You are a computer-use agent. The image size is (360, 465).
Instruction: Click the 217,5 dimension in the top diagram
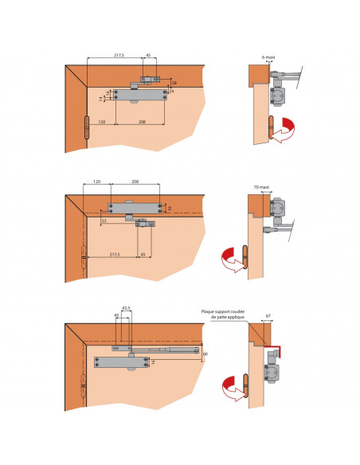[118, 55]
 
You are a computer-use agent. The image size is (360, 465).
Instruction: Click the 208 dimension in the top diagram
[142, 122]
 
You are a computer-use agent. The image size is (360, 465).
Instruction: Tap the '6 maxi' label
[268, 56]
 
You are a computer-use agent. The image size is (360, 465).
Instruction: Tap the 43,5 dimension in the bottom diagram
[126, 307]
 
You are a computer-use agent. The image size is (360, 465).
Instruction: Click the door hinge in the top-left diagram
[86, 131]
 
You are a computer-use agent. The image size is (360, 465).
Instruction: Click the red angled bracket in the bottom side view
[278, 351]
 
